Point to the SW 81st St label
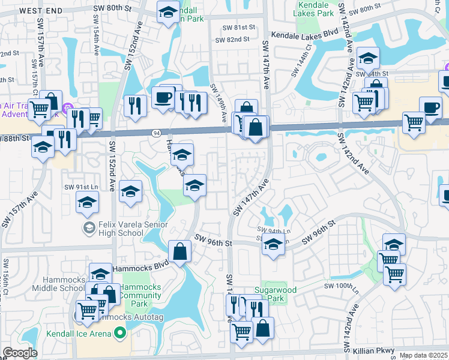(x=238, y=28)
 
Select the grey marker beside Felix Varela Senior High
(x=88, y=227)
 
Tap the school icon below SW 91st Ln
(x=88, y=203)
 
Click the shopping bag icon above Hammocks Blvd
(x=179, y=252)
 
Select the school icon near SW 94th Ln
(x=273, y=245)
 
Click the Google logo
(x=19, y=353)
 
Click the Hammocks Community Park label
(x=139, y=295)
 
